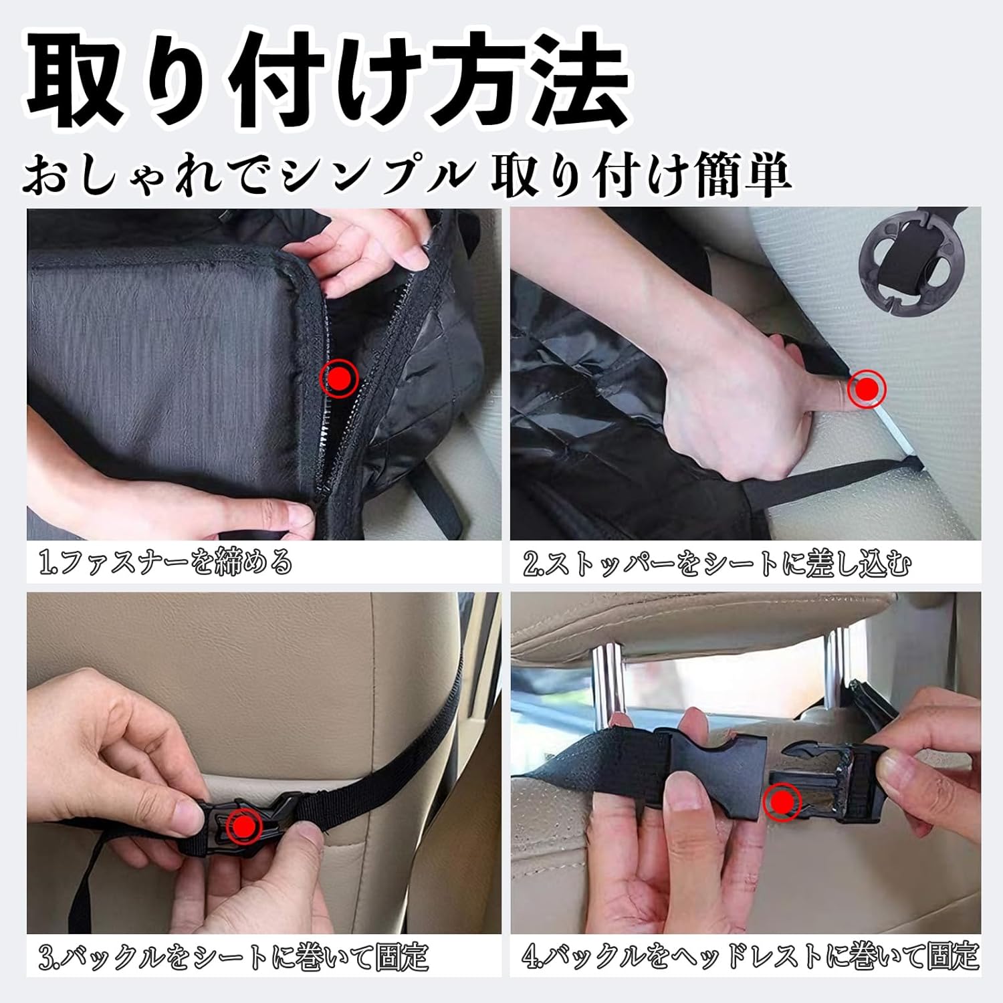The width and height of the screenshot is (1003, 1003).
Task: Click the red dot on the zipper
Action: [x=340, y=378]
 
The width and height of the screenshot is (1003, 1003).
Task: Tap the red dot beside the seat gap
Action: [x=867, y=388]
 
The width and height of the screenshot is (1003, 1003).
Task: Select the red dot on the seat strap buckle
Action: [x=245, y=827]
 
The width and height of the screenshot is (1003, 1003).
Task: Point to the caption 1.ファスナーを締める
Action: [x=166, y=562]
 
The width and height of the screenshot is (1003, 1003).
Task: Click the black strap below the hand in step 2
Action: [x=802, y=491]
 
